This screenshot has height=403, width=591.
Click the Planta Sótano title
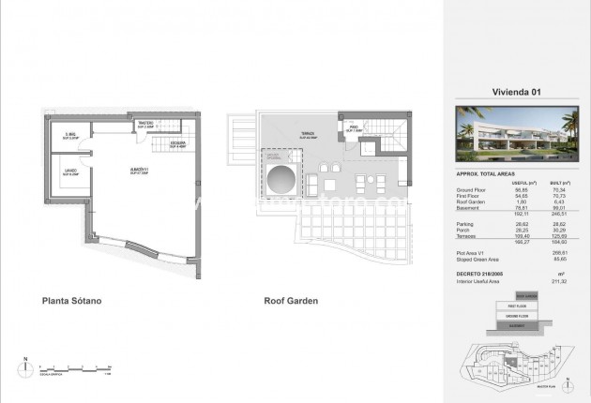tap(70, 302)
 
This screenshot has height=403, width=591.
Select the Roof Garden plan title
tap(291, 302)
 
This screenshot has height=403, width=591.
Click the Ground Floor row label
tap(473, 187)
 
